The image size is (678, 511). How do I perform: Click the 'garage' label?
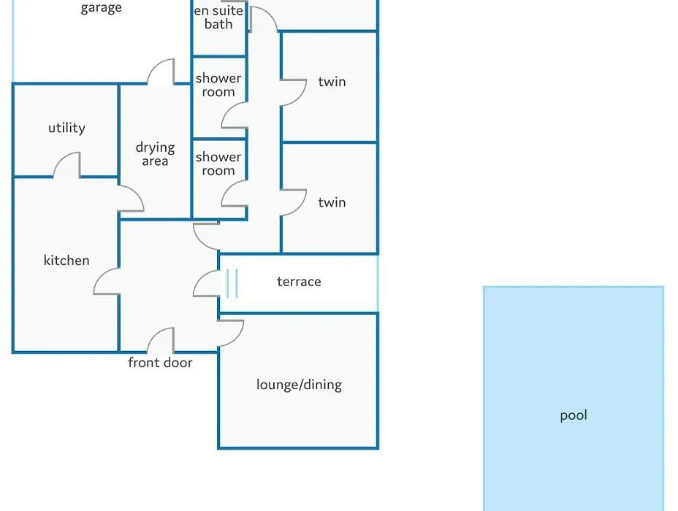pos(101,8)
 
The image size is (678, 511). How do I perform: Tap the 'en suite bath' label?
pos(218,18)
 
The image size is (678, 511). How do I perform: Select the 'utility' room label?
pos(66,128)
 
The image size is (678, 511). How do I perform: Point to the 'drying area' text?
pos(155,154)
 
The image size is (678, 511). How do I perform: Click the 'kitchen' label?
pos(66,260)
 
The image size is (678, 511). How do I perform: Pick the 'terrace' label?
pos(299,282)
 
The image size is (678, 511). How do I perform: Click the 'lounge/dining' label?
pos(300,385)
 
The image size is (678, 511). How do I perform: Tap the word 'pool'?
pos(574,415)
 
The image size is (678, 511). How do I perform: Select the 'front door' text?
pos(160,362)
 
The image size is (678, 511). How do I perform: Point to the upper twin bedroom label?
pos(332,82)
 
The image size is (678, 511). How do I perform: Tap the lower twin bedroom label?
pos(332,202)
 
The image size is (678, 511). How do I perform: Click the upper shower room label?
pos(218,85)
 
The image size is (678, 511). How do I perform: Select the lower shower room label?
pos(218,164)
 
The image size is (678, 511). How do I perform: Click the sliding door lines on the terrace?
pos(232,283)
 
